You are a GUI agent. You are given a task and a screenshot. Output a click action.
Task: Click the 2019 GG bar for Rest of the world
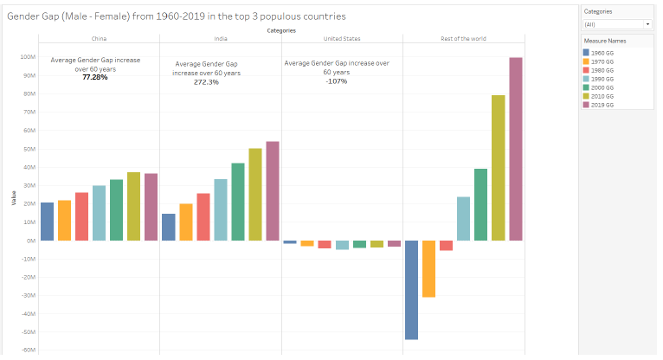coord(516,149)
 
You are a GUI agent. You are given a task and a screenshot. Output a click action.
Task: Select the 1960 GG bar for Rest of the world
coord(411,290)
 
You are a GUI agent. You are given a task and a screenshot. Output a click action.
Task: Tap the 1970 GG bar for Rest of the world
coord(428,269)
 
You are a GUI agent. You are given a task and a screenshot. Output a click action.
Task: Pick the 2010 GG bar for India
coord(255,194)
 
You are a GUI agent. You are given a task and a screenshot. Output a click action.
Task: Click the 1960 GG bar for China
coord(47,222)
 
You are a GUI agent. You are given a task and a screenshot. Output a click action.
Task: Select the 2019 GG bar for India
coord(273,190)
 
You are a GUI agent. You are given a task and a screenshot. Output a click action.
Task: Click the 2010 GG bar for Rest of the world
coord(499,168)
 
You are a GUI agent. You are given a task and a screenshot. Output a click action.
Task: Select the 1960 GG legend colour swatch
coord(587,54)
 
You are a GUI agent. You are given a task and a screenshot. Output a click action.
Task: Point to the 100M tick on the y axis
coord(28,57)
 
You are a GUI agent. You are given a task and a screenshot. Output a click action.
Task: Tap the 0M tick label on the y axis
coord(30,241)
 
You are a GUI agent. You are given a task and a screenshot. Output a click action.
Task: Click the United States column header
coord(341,39)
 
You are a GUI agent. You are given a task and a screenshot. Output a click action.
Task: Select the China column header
coord(99,39)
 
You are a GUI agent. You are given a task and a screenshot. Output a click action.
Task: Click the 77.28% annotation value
coord(95,77)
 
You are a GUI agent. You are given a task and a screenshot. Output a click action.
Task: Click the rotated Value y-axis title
coord(13,198)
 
